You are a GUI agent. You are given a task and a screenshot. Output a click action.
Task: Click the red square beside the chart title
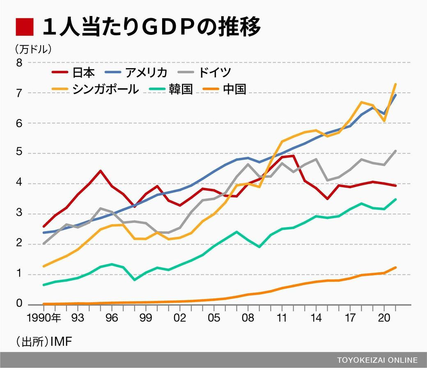click(24, 28)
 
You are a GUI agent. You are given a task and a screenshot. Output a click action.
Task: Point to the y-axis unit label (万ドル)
click(34, 49)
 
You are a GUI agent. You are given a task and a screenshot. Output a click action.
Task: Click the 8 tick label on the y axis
click(19, 63)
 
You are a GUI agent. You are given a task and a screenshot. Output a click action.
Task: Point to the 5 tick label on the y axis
click(19, 154)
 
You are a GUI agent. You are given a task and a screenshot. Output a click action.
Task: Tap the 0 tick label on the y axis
click(19, 304)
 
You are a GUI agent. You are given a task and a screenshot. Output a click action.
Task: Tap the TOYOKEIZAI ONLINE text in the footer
click(377, 360)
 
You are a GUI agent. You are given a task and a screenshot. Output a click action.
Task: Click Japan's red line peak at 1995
click(101, 171)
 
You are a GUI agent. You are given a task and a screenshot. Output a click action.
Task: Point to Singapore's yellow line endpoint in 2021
click(395, 84)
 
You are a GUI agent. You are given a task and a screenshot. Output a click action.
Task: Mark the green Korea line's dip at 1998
click(135, 280)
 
